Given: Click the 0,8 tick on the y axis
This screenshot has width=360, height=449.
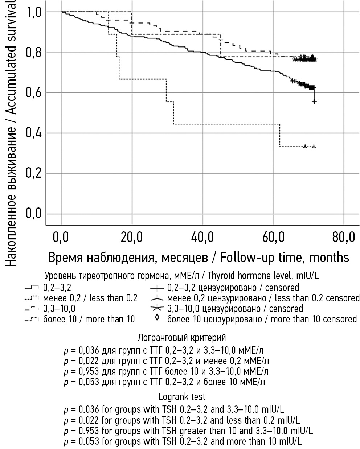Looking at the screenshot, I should click(33, 53).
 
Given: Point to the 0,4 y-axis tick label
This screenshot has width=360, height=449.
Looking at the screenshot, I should click(33, 133).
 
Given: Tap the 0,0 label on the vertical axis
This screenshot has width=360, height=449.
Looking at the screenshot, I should click(33, 213).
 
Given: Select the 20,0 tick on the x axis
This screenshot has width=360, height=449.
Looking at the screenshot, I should click(132, 238).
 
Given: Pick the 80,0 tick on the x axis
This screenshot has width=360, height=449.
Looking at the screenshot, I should click(343, 238).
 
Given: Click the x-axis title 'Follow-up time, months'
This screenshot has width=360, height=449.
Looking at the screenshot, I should click(284, 257).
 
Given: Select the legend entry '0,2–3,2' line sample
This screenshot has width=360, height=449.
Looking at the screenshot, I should click(32, 288).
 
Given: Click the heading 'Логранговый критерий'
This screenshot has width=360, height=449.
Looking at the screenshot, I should click(181, 338).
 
